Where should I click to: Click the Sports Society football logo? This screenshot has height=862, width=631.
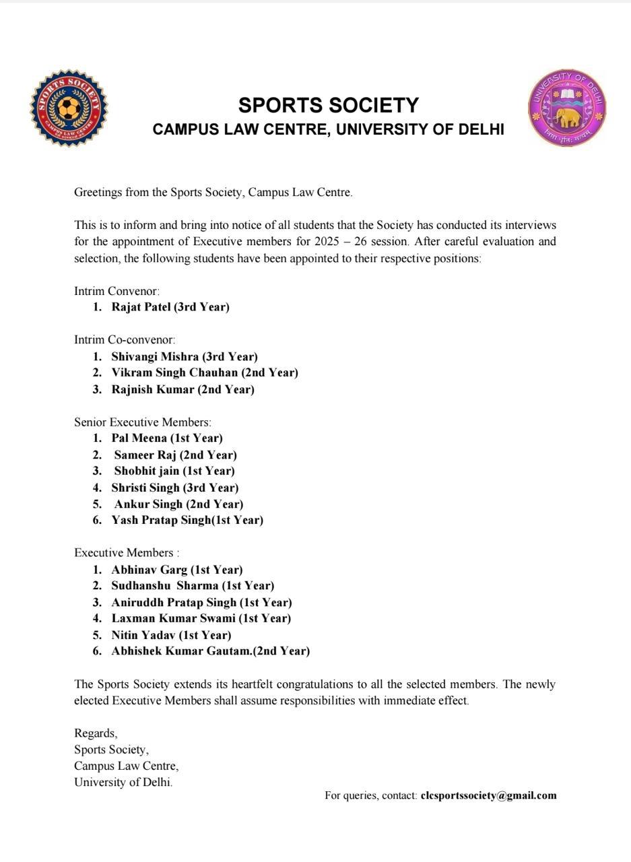tap(68, 108)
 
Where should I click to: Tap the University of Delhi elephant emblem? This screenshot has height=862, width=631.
tap(567, 108)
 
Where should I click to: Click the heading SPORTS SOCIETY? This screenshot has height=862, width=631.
tap(329, 106)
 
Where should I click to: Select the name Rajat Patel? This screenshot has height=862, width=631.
tap(141, 307)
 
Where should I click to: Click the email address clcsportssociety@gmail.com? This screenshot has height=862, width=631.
tap(488, 795)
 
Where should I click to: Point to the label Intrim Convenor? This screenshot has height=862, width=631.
tap(117, 291)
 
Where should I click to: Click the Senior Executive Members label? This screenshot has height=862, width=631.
tap(142, 422)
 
